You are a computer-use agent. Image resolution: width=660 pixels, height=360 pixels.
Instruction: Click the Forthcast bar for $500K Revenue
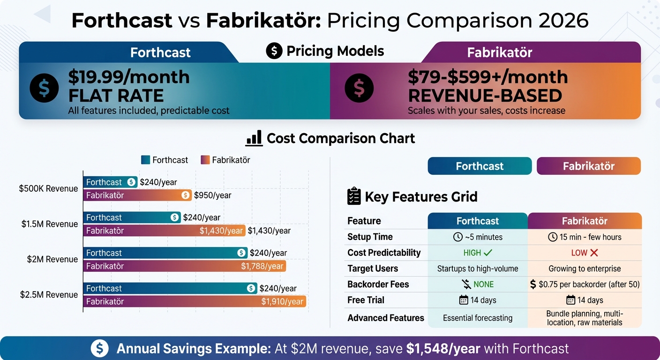(x=111, y=182)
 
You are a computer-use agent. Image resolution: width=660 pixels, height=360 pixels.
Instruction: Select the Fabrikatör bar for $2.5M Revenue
(x=195, y=301)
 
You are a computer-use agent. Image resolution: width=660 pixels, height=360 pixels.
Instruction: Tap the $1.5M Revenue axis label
(x=49, y=224)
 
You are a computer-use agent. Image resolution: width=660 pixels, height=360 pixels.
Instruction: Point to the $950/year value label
(x=213, y=195)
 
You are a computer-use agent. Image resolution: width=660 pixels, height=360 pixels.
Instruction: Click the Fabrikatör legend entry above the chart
(x=225, y=160)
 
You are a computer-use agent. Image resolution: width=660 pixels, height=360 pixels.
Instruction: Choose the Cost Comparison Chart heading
(x=341, y=138)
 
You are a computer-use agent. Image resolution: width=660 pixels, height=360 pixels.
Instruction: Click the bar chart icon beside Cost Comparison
(x=254, y=138)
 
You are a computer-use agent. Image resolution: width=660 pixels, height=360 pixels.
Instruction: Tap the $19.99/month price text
(x=129, y=77)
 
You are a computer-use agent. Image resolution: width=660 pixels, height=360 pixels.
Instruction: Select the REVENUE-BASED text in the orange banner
(x=485, y=96)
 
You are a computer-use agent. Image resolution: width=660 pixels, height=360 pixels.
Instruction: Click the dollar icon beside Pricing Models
(x=274, y=51)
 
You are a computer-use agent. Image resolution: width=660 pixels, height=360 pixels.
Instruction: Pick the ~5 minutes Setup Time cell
(x=478, y=237)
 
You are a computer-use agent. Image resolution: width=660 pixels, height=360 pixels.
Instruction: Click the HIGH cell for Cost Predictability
(x=478, y=253)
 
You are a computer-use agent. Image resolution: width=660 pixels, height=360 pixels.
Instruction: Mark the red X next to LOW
(x=594, y=253)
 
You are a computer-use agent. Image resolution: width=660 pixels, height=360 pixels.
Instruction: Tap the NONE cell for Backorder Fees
(x=478, y=285)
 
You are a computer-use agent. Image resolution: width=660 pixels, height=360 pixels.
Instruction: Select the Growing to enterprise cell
(x=585, y=269)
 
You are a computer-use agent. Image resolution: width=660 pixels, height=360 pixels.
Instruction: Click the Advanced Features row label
(x=385, y=318)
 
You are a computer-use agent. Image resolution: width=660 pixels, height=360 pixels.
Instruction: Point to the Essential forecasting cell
(x=478, y=318)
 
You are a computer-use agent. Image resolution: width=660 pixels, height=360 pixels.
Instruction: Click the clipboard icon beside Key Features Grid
(x=353, y=196)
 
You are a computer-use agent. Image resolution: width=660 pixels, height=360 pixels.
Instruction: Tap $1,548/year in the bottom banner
(x=443, y=349)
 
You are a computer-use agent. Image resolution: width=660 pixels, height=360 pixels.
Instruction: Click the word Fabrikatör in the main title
(x=263, y=21)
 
